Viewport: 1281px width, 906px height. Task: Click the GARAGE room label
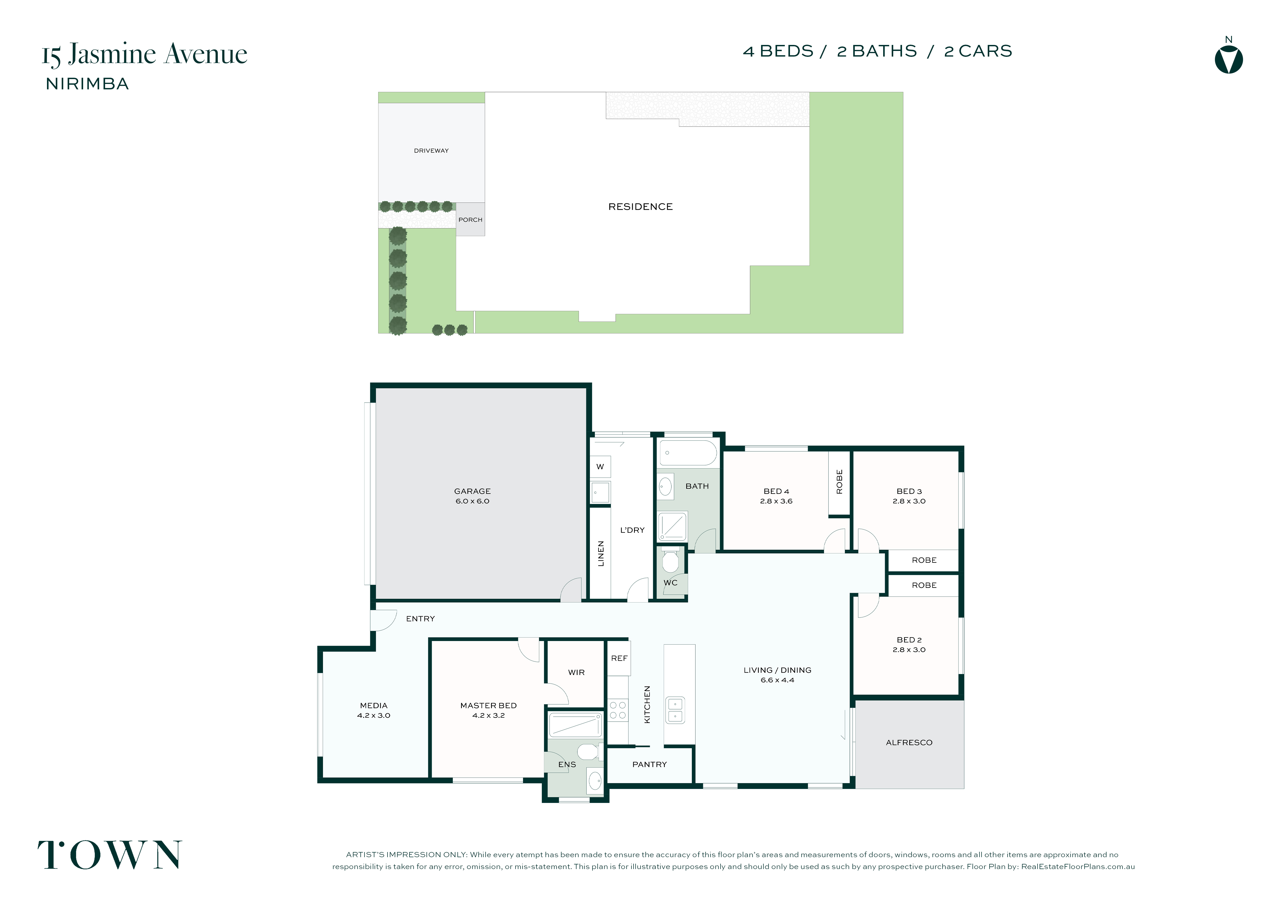point(472,491)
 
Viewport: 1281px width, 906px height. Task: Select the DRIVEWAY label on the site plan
point(431,151)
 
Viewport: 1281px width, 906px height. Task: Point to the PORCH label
point(470,220)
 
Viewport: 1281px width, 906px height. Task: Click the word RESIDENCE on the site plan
point(640,207)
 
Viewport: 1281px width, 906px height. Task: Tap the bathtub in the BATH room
point(688,453)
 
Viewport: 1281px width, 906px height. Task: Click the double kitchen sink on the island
point(675,710)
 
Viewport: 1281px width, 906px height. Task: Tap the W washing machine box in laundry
point(600,467)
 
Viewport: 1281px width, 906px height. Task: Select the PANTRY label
point(650,764)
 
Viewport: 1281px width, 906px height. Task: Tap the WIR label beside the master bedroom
point(576,673)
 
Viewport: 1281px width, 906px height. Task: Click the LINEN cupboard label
point(601,553)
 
